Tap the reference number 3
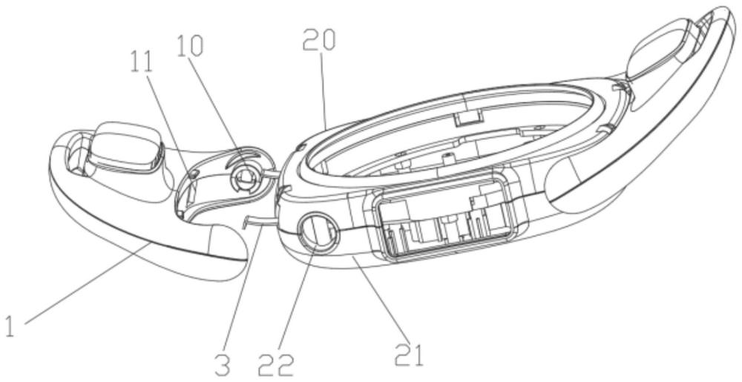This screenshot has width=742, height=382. (x=223, y=363)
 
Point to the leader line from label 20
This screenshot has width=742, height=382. (x=325, y=89)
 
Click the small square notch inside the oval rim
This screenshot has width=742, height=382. (x=468, y=118)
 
